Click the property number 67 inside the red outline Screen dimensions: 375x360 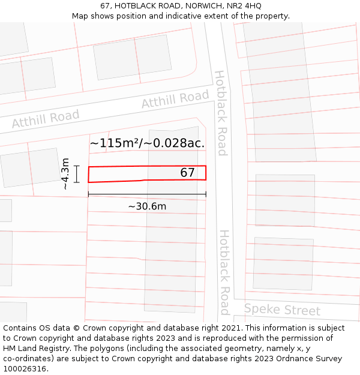(187, 173)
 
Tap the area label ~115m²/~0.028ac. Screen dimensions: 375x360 (147, 143)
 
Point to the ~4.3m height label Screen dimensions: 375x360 (65, 174)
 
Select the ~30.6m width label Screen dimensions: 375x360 (147, 206)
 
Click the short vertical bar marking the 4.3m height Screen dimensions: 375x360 (77, 174)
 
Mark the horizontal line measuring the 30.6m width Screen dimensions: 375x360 (147, 194)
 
